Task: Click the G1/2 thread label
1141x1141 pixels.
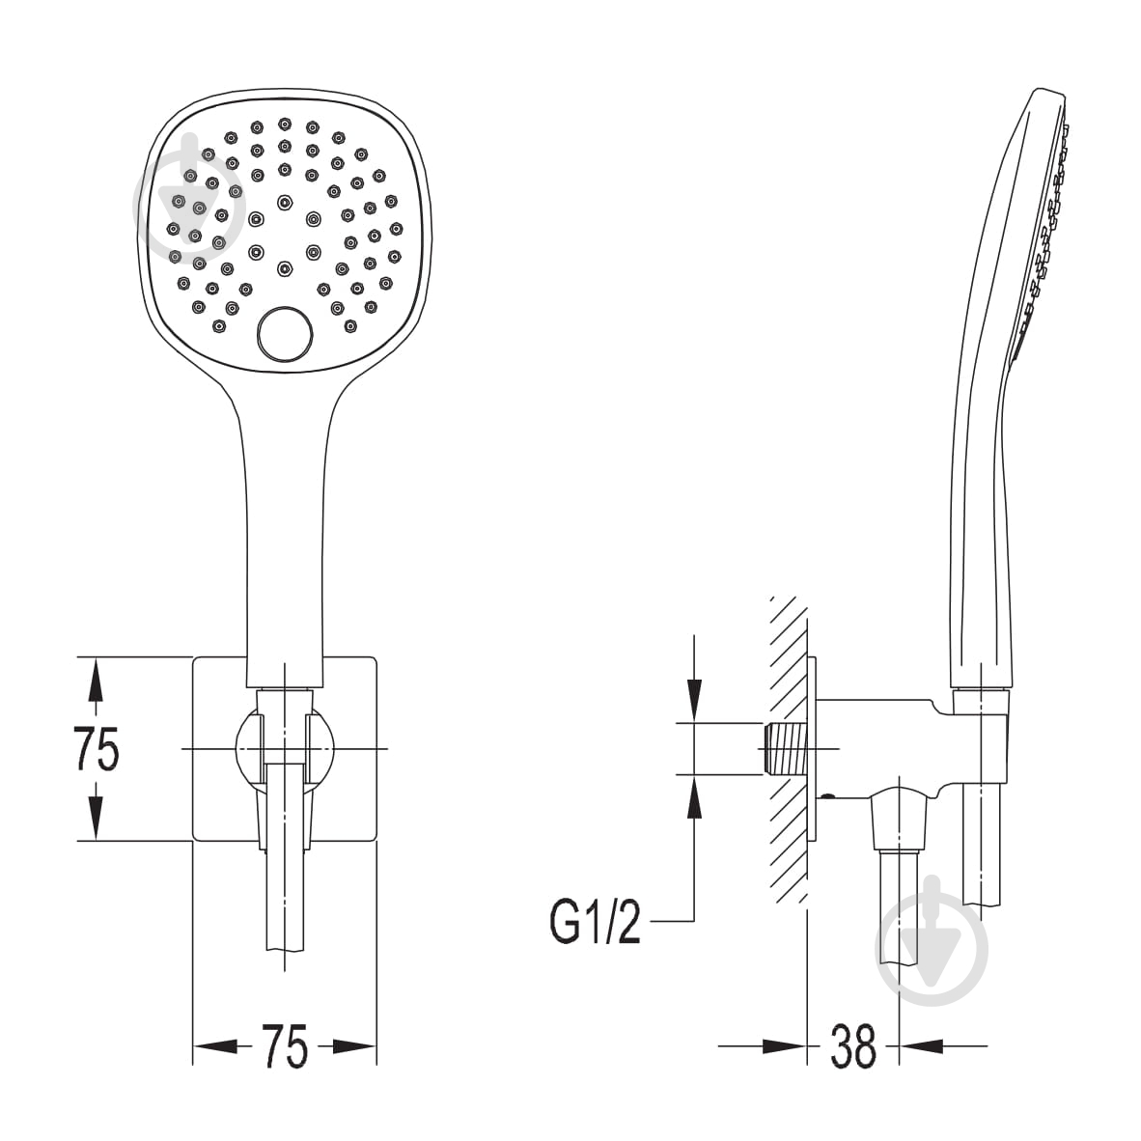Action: point(595,921)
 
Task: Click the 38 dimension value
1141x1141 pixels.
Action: point(852,1045)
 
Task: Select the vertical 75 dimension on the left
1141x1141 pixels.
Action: point(97,749)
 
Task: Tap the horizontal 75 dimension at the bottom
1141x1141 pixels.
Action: point(285,1047)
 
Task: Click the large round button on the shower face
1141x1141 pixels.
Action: point(285,334)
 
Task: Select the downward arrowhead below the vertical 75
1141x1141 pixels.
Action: point(94,817)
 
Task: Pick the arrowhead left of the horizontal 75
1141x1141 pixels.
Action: point(216,1046)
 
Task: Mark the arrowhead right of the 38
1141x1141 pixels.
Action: point(923,1045)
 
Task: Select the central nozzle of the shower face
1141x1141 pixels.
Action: point(284,202)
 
